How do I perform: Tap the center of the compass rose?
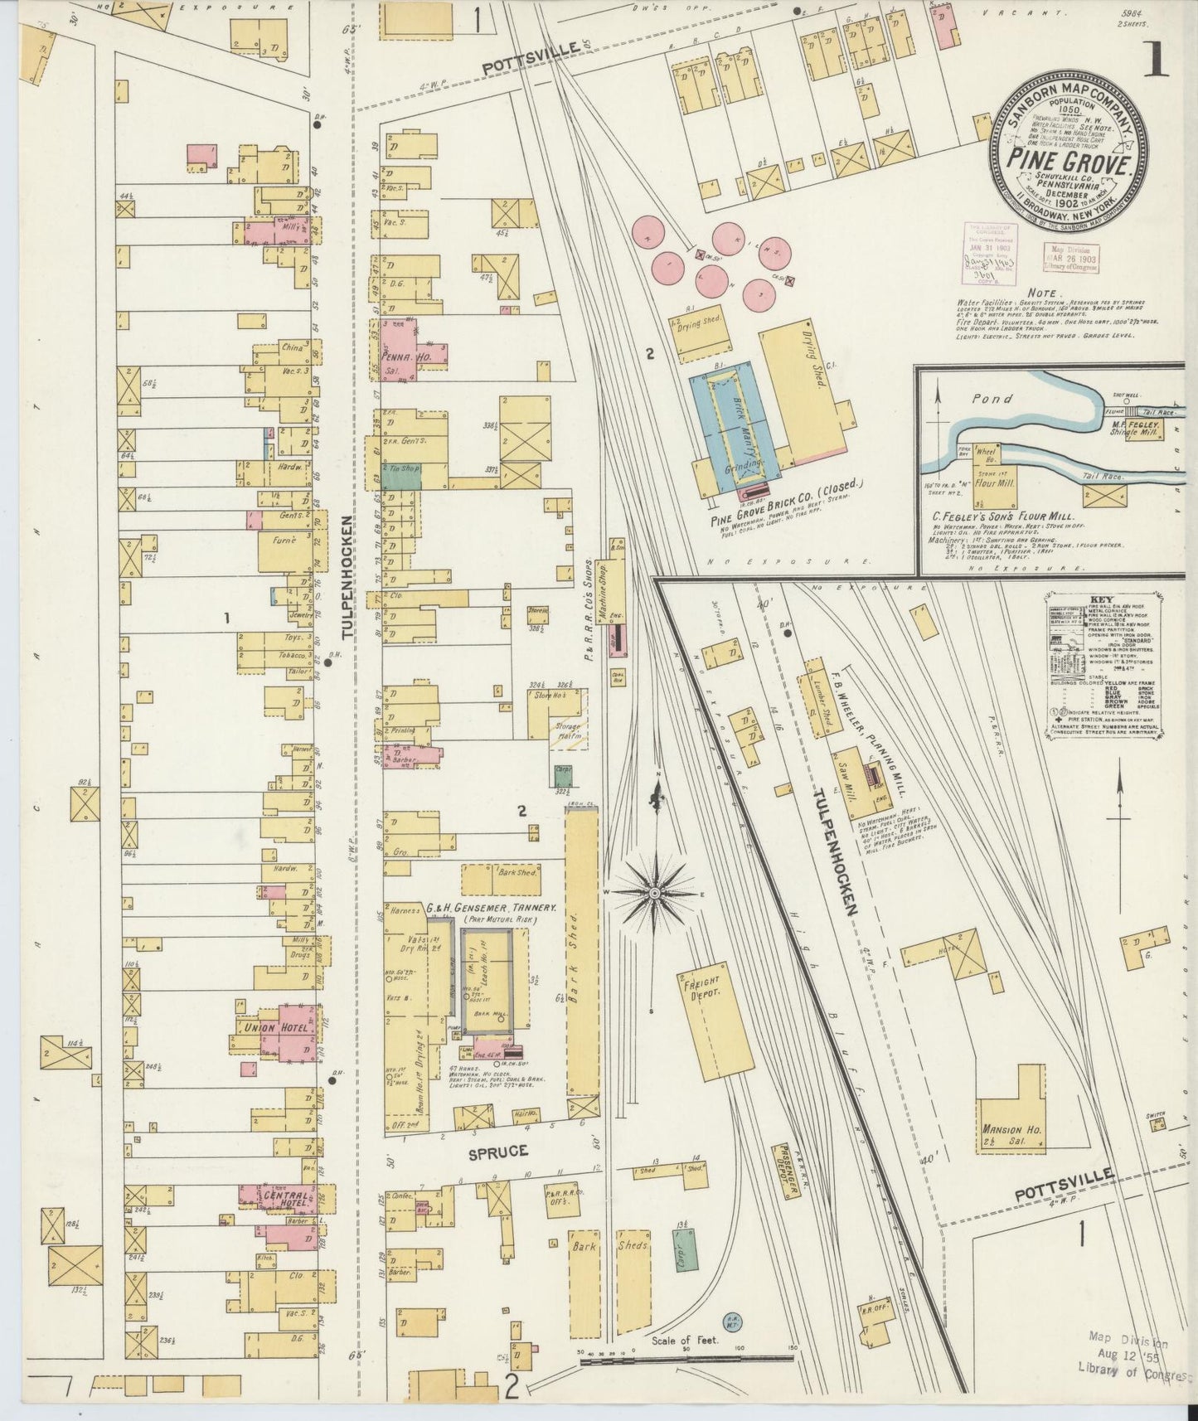(x=654, y=892)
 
